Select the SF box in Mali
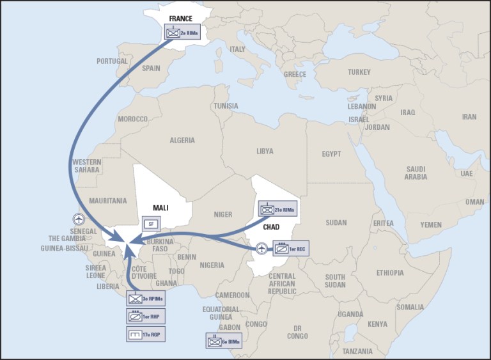click(150, 224)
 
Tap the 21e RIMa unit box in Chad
click(277, 208)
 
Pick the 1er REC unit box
click(291, 247)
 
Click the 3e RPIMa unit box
click(145, 299)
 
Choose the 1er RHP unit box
click(145, 316)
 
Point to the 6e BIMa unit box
click(224, 342)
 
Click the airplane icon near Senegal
click(79, 219)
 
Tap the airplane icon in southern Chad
click(262, 248)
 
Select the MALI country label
click(160, 208)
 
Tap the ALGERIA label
click(182, 140)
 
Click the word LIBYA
click(264, 152)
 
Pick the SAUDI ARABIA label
click(416, 173)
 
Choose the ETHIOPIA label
click(389, 273)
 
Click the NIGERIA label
click(212, 265)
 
